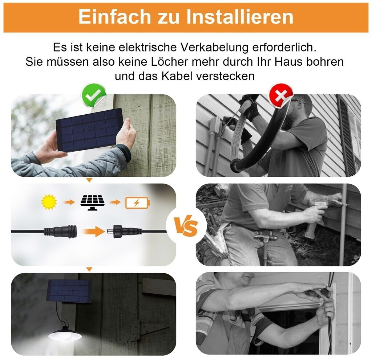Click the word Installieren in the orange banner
(240, 17)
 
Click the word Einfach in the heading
(115, 17)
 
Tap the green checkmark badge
(93, 95)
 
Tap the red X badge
(281, 95)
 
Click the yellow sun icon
(49, 202)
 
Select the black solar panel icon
(93, 202)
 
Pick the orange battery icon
(137, 202)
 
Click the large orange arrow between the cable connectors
(93, 231)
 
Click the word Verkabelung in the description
(214, 47)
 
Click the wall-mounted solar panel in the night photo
(69, 291)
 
